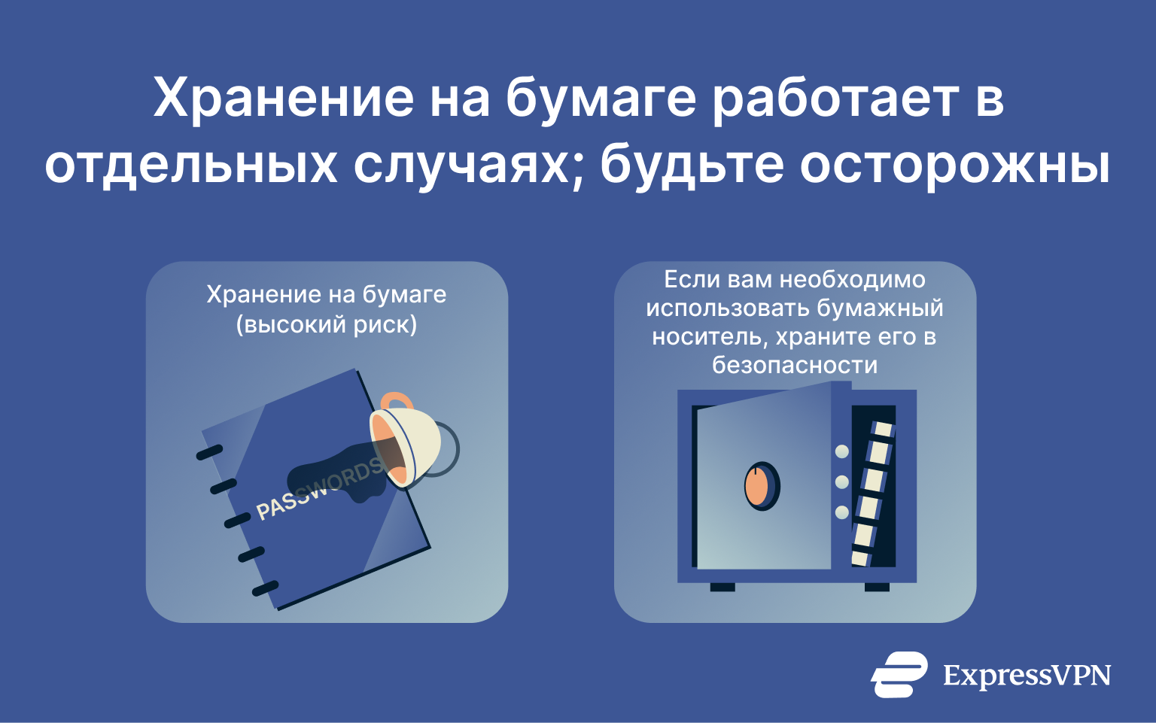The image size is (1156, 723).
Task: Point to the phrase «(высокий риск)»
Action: (x=327, y=325)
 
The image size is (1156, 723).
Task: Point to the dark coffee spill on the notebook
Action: (x=331, y=474)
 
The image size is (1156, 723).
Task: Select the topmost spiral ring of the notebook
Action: (x=209, y=452)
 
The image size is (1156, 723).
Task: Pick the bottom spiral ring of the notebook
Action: (x=265, y=588)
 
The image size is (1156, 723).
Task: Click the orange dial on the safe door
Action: (x=761, y=486)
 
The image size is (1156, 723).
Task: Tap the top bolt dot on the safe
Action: (x=842, y=451)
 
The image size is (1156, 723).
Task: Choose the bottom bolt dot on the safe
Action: (x=842, y=512)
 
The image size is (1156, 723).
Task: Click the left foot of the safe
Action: (x=722, y=587)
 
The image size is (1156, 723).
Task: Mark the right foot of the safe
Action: (x=877, y=587)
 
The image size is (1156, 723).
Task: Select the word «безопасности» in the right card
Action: (x=795, y=365)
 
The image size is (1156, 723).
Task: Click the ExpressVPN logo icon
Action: (x=899, y=674)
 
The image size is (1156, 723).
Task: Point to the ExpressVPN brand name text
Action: (x=1027, y=675)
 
